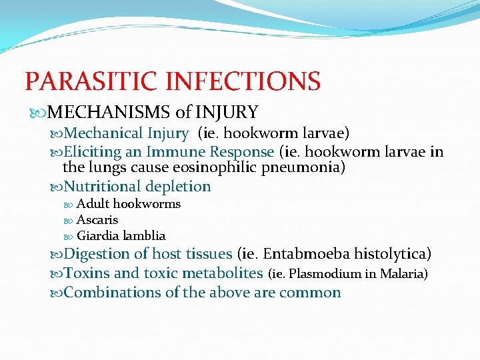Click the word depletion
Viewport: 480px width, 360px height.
(x=178, y=187)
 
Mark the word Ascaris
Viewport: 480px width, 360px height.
(x=97, y=219)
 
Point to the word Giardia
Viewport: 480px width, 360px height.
(x=97, y=235)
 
